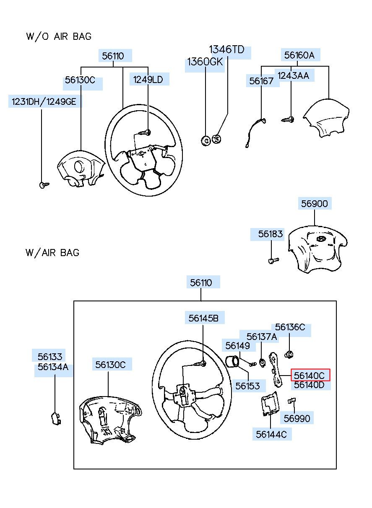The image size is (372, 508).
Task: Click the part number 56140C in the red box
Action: [309, 376]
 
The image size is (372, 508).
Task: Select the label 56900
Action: [315, 204]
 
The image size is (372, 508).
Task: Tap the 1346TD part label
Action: [226, 49]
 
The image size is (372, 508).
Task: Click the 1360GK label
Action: [205, 62]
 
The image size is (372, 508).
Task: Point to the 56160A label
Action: [299, 55]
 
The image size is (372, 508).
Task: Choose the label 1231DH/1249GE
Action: [44, 101]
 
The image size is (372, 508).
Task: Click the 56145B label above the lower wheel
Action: [203, 318]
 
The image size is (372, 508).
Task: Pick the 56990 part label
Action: [297, 418]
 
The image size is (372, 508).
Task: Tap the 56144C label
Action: [271, 434]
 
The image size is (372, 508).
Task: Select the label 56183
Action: [271, 234]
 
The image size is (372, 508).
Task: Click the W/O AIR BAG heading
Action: [59, 36]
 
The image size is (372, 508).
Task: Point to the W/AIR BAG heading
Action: [52, 253]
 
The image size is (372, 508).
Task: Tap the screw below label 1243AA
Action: [288, 119]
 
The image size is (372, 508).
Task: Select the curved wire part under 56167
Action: [255, 132]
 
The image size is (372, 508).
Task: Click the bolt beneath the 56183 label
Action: [273, 261]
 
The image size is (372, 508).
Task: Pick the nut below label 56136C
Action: [289, 354]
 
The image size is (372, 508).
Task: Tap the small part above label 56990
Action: [291, 401]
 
